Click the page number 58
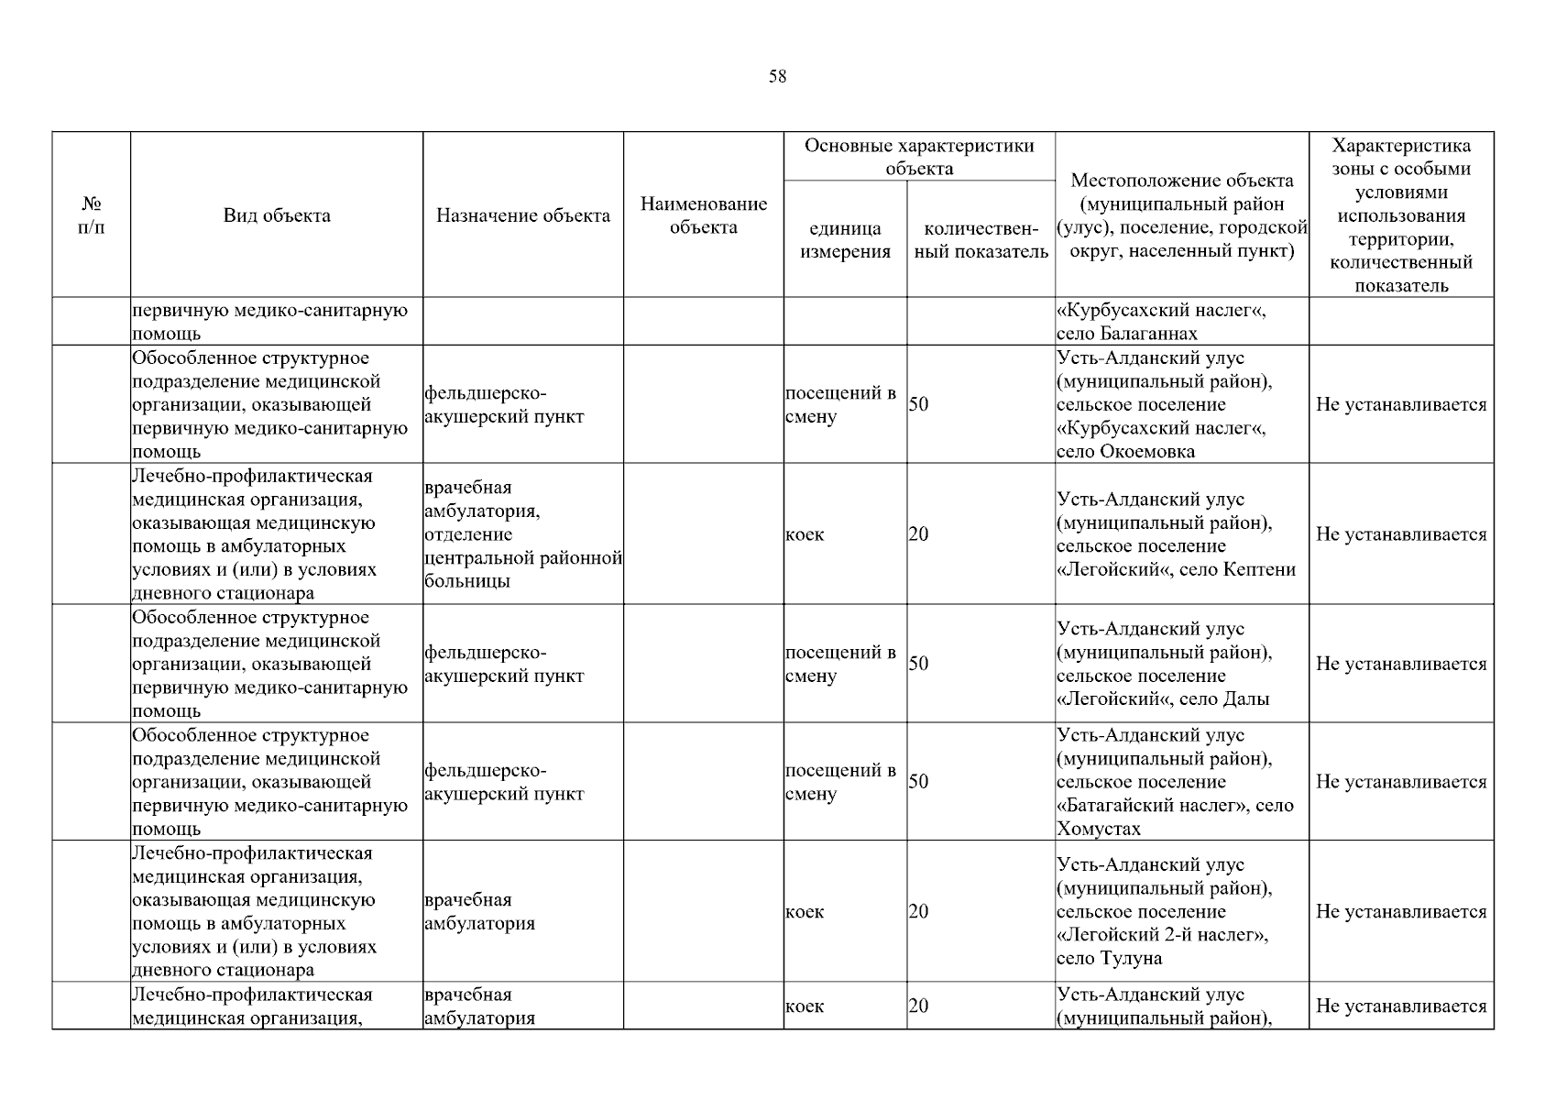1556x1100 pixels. coord(777,77)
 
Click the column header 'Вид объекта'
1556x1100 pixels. coord(277,216)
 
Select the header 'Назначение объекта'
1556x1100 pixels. coord(522,216)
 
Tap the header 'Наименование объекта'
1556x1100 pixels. coord(703,215)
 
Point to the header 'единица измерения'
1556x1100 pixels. coord(845,240)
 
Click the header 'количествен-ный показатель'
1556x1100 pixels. coord(981,240)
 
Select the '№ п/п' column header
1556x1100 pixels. coord(91,215)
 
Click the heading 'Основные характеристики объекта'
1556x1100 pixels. coord(918,157)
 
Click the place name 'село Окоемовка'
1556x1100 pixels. coord(1125,452)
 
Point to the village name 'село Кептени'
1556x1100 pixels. coord(1259,570)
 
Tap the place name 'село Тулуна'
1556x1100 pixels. coord(1109,959)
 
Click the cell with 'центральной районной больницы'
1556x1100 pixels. coord(522,569)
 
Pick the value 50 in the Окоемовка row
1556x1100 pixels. coord(918,405)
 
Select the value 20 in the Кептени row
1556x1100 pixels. coord(918,534)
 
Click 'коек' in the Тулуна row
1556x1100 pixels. coord(805,912)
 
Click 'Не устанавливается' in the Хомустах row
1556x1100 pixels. coord(1400,782)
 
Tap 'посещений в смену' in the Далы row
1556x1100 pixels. coord(840,665)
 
